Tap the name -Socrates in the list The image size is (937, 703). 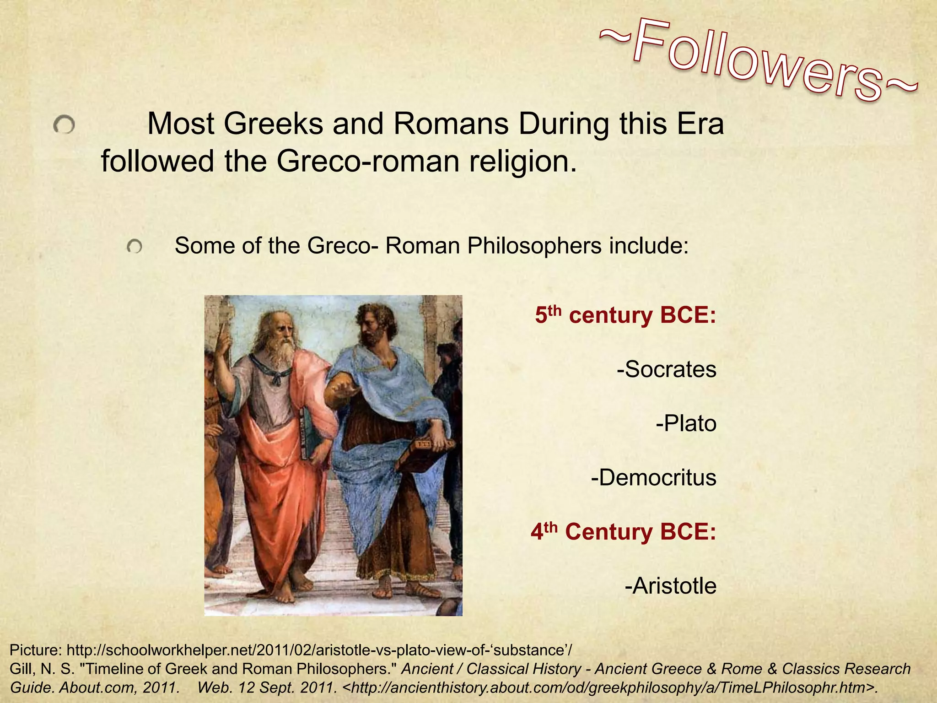[x=666, y=369]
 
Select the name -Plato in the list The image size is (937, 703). [x=686, y=423]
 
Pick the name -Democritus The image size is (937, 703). [x=653, y=477]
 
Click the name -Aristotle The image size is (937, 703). [x=670, y=586]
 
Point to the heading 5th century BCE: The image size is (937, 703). [x=625, y=315]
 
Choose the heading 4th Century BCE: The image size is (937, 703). [x=623, y=532]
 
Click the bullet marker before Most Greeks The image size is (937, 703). [x=64, y=124]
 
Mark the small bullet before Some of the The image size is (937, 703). [x=135, y=247]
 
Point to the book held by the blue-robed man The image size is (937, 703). [x=423, y=453]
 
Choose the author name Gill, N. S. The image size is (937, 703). [x=42, y=669]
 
